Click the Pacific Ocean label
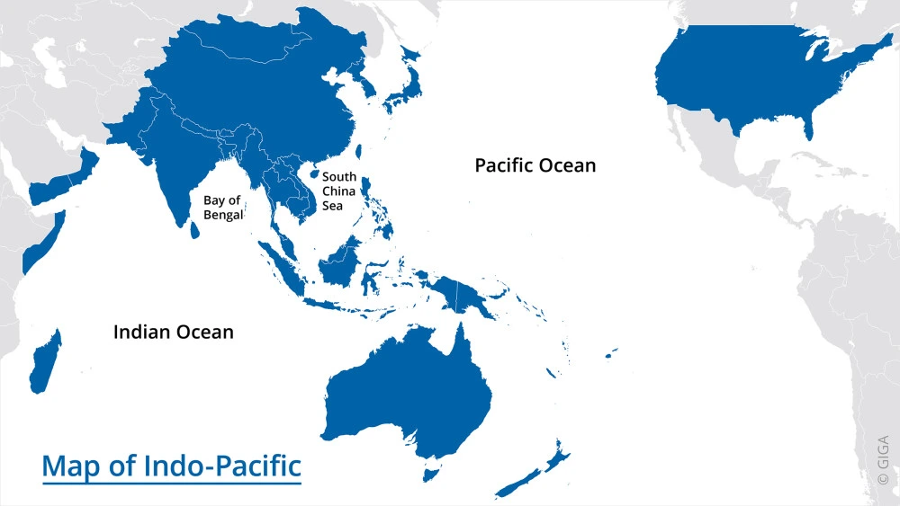535,165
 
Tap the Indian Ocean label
173,333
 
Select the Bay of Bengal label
222,208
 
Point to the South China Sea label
339,191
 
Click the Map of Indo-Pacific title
171,467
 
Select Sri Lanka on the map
195,230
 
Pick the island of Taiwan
360,153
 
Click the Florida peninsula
808,129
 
